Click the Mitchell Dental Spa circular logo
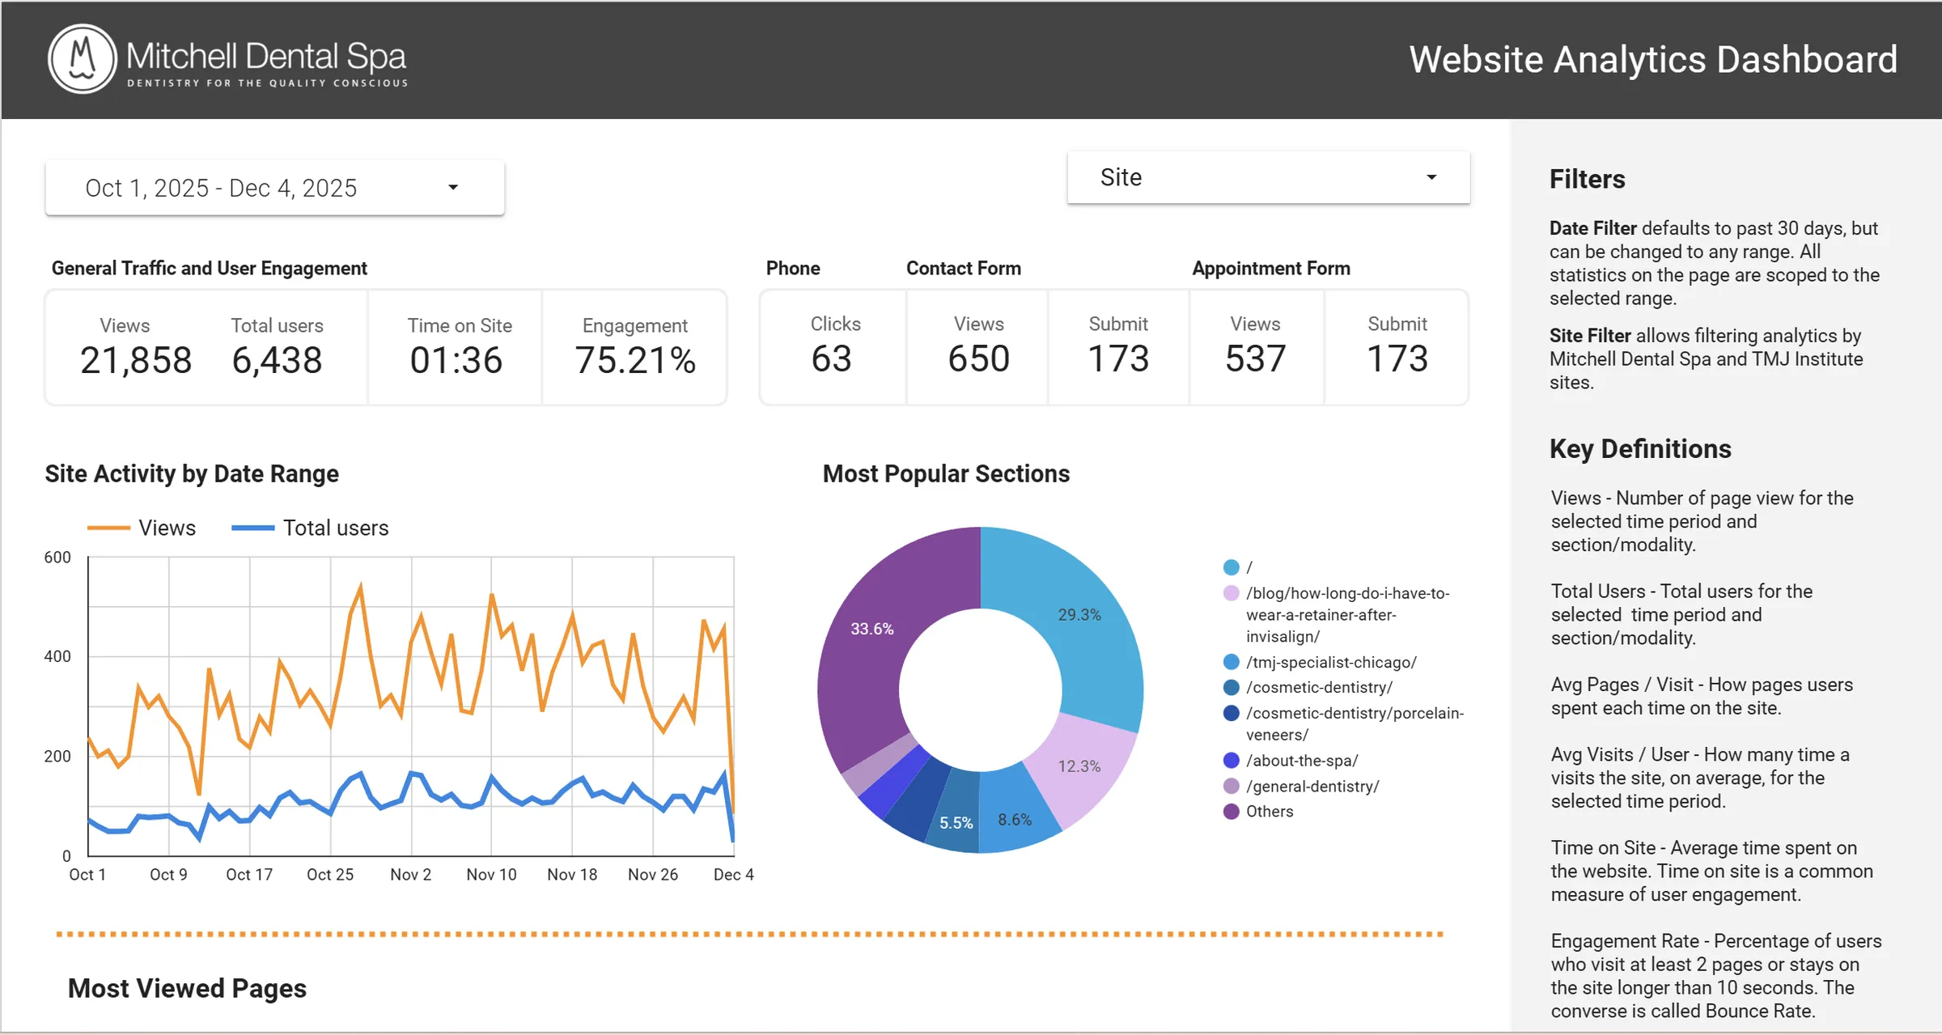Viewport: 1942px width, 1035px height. point(83,59)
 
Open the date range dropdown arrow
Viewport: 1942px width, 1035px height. point(453,188)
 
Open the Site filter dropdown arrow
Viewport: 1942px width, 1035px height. point(1431,177)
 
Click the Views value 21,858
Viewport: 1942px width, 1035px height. point(136,360)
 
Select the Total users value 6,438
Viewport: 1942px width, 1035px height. point(277,360)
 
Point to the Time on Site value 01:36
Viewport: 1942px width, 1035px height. point(456,360)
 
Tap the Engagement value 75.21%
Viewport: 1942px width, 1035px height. point(635,360)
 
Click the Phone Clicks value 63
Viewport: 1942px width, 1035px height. point(832,358)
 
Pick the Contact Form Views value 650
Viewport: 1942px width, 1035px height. point(978,358)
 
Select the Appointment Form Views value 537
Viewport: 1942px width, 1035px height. point(1255,358)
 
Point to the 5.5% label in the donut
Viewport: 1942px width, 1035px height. point(956,823)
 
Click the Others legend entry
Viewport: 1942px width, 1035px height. point(1269,812)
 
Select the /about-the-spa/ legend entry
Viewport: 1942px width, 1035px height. point(1301,761)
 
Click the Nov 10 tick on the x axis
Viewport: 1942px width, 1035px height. point(491,875)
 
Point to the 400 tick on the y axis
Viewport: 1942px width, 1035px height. point(57,656)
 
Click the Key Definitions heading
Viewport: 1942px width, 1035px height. point(1640,449)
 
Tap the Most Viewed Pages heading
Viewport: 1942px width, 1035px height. point(187,989)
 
